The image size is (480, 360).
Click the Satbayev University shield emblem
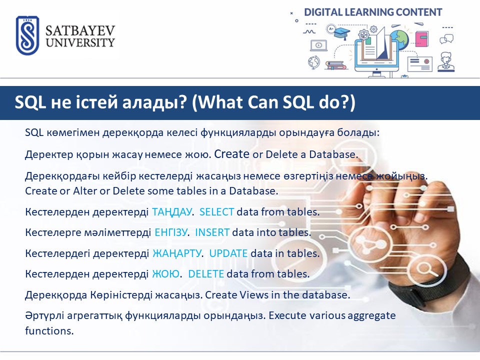click(x=27, y=35)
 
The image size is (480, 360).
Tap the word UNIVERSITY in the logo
click(x=80, y=42)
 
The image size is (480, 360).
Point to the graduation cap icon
click(x=341, y=32)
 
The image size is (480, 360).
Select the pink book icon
click(x=422, y=38)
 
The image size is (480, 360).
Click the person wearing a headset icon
click(x=446, y=62)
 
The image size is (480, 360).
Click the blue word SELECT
click(x=216, y=212)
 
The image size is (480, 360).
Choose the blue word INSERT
click(x=212, y=232)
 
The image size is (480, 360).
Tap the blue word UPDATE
click(x=228, y=253)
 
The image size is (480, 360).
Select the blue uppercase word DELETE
click(x=206, y=274)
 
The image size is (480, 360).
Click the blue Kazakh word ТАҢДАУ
click(x=171, y=212)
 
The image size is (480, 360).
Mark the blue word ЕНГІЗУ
click(x=171, y=232)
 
